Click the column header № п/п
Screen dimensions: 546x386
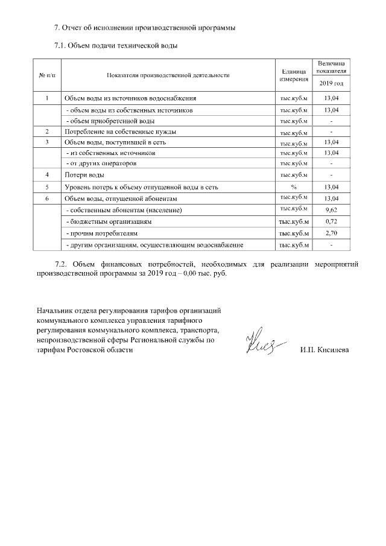(47, 75)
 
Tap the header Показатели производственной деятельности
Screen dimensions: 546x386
(168, 75)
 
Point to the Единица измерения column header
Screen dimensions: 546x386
(294, 75)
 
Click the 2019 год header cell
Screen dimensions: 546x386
(331, 83)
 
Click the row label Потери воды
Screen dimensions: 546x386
(85, 176)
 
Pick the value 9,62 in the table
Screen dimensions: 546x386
(331, 209)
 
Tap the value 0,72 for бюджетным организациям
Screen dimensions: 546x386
(331, 221)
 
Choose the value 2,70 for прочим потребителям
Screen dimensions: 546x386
(331, 233)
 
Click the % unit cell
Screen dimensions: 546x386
(294, 187)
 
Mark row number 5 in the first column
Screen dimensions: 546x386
(47, 187)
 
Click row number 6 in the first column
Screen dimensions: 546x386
(47, 198)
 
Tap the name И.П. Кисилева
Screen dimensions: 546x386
(324, 350)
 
